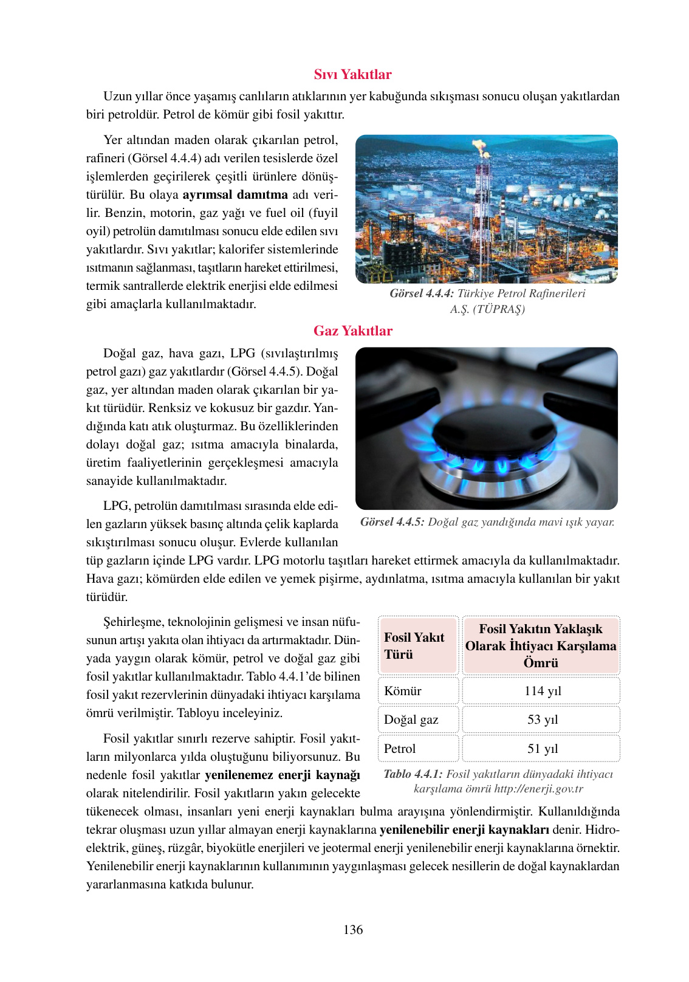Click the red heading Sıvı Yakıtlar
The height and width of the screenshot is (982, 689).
coord(352,74)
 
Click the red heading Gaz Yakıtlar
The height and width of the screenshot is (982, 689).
coord(352,331)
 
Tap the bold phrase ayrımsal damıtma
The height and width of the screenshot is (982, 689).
coord(235,194)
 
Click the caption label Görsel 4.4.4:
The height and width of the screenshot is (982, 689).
coord(422,294)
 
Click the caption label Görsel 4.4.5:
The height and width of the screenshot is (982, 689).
coord(392,522)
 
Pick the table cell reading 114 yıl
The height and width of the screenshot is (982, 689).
coord(542,691)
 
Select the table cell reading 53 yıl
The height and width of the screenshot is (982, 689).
coord(542,719)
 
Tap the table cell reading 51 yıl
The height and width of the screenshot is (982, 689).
coord(542,749)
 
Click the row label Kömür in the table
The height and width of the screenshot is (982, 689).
coord(403,691)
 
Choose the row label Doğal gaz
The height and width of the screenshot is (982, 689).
coord(411,719)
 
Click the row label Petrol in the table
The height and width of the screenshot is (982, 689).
coord(400,749)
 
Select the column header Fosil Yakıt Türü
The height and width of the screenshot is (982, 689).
coord(414,645)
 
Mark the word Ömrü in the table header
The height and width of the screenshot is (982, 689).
coord(541,663)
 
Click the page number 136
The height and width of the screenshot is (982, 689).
coord(352,930)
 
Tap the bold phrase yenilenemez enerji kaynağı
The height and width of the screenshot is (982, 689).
coord(282,775)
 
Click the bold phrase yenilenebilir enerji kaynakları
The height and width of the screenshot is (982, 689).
coord(464,829)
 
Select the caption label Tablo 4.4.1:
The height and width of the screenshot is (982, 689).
coord(413,774)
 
